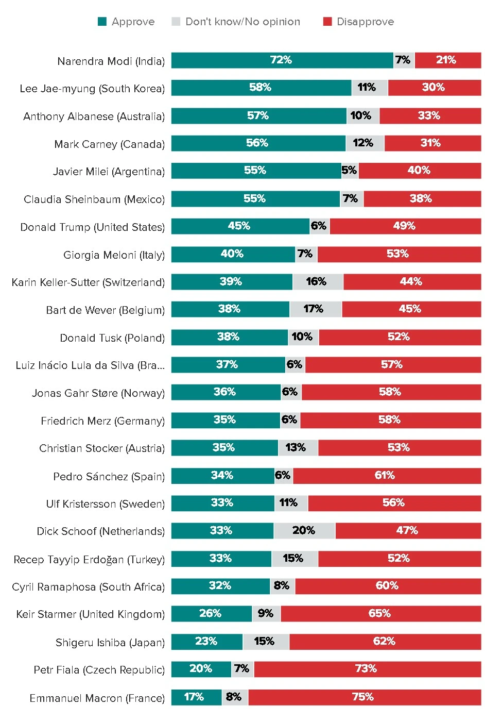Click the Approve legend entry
pos(127,22)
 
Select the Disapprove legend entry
pos(359,22)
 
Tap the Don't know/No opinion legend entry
pos(236,22)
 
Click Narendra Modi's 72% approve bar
pos(282,60)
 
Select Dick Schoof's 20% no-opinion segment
pos(304,531)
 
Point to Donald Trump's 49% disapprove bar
pos(405,226)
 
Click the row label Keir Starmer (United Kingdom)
pos(91,614)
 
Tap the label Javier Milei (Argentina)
pos(109,172)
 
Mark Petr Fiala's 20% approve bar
pos(201,669)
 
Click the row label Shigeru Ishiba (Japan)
pos(110,643)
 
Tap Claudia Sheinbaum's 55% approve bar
pos(255,199)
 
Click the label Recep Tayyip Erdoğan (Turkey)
pos(89,560)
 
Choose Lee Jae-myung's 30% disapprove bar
pos(434,88)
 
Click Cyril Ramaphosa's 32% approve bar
pos(220,586)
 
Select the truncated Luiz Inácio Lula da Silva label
pos(90,365)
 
